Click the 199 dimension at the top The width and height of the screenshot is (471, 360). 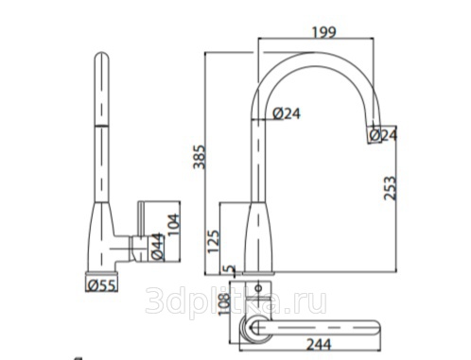[x=324, y=32]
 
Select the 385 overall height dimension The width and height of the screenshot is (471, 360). [x=200, y=157]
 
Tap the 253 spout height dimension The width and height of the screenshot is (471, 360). [x=390, y=188]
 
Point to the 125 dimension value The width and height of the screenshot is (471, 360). [x=213, y=241]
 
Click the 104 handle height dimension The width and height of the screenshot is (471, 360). [x=173, y=225]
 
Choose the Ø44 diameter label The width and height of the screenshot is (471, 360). [x=158, y=247]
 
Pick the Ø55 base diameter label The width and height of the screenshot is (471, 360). [x=102, y=285]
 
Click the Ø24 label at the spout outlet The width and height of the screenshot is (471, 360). [x=383, y=135]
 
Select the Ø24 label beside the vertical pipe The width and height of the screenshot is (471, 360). [x=287, y=113]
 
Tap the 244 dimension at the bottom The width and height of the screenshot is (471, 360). [x=319, y=344]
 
